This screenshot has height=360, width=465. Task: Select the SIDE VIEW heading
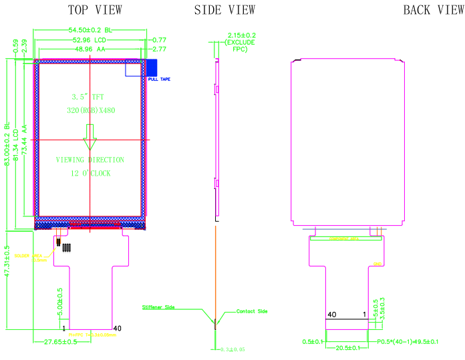click(x=224, y=9)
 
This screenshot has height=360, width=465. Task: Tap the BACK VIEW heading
click(x=433, y=9)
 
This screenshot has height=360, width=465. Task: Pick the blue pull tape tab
click(x=151, y=67)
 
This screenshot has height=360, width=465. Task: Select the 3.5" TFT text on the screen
click(x=90, y=97)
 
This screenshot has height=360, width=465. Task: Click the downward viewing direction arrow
click(x=90, y=144)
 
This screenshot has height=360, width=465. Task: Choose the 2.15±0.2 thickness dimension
click(x=242, y=35)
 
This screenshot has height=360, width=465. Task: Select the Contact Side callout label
click(x=251, y=311)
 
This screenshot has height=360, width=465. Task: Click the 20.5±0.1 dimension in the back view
click(x=347, y=348)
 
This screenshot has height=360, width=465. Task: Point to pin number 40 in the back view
click(x=331, y=314)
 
